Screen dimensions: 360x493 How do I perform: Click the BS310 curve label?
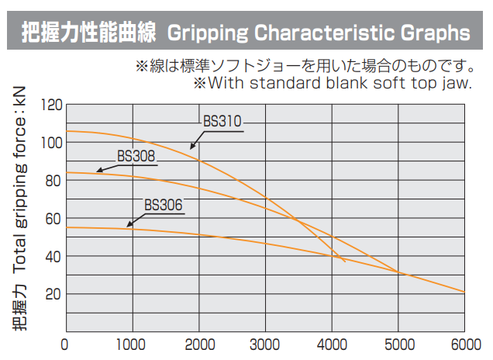tap(223, 121)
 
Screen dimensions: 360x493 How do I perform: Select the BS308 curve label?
tap(136, 155)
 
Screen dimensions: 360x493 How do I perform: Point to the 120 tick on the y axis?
tap(51, 104)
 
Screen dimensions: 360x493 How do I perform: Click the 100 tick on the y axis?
tap(51, 142)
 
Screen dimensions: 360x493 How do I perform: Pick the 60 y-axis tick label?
tap(53, 218)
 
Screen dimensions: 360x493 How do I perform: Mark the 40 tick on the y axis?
tap(53, 256)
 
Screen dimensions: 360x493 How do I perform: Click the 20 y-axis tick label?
tap(53, 294)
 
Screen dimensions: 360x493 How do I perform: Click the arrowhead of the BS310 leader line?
tap(191, 147)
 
